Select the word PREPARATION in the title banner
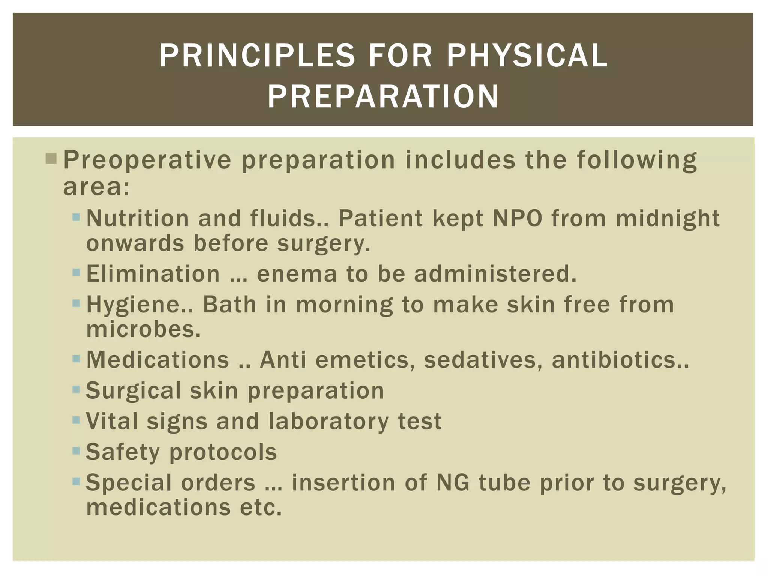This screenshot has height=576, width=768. pos(383,97)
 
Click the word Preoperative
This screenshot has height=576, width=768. pos(147,160)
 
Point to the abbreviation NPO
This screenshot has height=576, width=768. pos(517,218)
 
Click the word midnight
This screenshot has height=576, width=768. pos(667,219)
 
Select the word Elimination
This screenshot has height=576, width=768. pos(153,274)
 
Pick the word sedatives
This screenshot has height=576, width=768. pos(483,360)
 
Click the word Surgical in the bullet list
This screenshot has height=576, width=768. pos(133,391)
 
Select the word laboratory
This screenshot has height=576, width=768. pos(329,421)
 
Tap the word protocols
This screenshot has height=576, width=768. pos(223,452)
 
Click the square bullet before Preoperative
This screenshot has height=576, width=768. pos(51,159)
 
